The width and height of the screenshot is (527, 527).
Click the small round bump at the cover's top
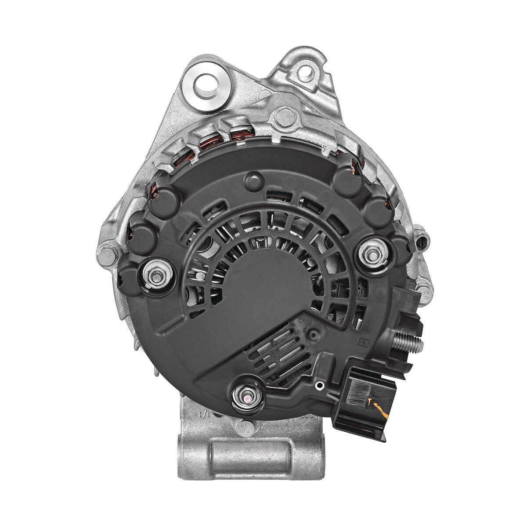253,180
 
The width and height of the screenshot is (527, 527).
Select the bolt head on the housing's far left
107,254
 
